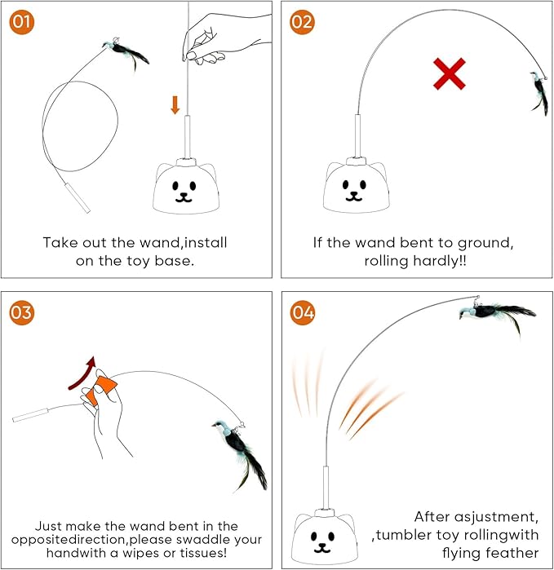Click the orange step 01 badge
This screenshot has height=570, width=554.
23,22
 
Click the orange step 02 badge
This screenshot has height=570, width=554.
302,22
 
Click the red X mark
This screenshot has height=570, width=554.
449,76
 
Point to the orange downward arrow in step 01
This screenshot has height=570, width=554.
175,104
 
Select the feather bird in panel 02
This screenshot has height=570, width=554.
539,92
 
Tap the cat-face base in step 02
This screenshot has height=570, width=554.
356,187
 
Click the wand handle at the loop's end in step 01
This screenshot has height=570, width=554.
79,198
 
